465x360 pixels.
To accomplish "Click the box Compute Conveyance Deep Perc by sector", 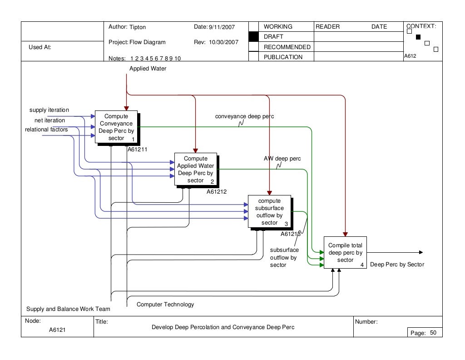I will coord(116,127).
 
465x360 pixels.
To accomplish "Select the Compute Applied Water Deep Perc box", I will coord(196,169).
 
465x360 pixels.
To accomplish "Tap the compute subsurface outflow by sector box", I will coord(269,211).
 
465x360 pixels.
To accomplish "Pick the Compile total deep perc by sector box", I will coord(345,253).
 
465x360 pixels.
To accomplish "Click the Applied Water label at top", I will coord(148,69).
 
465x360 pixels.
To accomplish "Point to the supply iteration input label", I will coord(49,110).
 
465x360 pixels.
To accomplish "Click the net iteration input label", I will coord(49,120).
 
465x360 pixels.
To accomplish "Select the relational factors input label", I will coord(46,130).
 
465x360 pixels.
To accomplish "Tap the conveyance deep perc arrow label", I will coord(244,116).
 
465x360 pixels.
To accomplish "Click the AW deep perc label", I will coord(282,159).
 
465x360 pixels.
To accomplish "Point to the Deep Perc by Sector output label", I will coord(397,264).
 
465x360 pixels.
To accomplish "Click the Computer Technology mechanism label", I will coord(165,305).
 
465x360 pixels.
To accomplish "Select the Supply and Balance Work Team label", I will coord(68,309).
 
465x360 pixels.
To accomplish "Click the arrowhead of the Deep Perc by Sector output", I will coord(421,252).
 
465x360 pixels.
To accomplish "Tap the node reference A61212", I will coord(217,192).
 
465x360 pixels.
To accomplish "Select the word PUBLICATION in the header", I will coord(283,57).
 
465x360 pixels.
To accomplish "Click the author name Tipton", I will coord(138,27).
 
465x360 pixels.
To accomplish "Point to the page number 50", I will coord(433,333).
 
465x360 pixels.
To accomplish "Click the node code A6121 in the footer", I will coord(58,330).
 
